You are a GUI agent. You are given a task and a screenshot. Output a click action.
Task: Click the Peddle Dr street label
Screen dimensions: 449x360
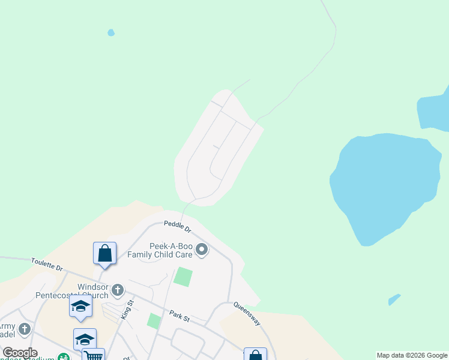[x=177, y=227]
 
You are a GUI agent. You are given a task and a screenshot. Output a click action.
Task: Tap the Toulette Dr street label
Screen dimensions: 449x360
[x=47, y=264]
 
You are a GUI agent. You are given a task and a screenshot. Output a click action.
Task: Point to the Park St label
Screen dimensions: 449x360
[x=179, y=316]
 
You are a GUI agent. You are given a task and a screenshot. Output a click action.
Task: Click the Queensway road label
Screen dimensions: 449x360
[x=247, y=313]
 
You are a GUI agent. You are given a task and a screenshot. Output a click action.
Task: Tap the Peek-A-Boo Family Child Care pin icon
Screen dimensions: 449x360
[x=202, y=250]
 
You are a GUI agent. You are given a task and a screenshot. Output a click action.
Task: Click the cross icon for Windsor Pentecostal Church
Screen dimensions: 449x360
[x=118, y=290]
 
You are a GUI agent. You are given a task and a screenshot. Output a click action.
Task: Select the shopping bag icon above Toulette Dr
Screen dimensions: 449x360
[x=104, y=253]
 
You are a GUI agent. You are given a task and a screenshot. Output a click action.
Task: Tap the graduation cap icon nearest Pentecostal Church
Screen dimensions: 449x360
[x=80, y=305]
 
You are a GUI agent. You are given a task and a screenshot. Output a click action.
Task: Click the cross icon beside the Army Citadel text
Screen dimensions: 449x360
[x=24, y=329]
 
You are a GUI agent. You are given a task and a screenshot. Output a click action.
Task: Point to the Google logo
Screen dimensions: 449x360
[x=20, y=353]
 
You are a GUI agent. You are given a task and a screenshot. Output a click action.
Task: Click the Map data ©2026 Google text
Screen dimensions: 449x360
[x=412, y=355]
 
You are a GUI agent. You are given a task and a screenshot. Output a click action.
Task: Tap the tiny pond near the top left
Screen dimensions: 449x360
[x=110, y=32]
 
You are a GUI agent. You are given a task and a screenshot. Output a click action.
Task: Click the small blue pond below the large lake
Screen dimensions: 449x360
[x=394, y=299]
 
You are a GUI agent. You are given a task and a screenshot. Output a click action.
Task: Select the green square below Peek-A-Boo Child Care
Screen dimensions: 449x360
[x=183, y=277]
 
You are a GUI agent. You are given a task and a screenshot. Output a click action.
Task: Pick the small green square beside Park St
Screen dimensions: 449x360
[x=154, y=320]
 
